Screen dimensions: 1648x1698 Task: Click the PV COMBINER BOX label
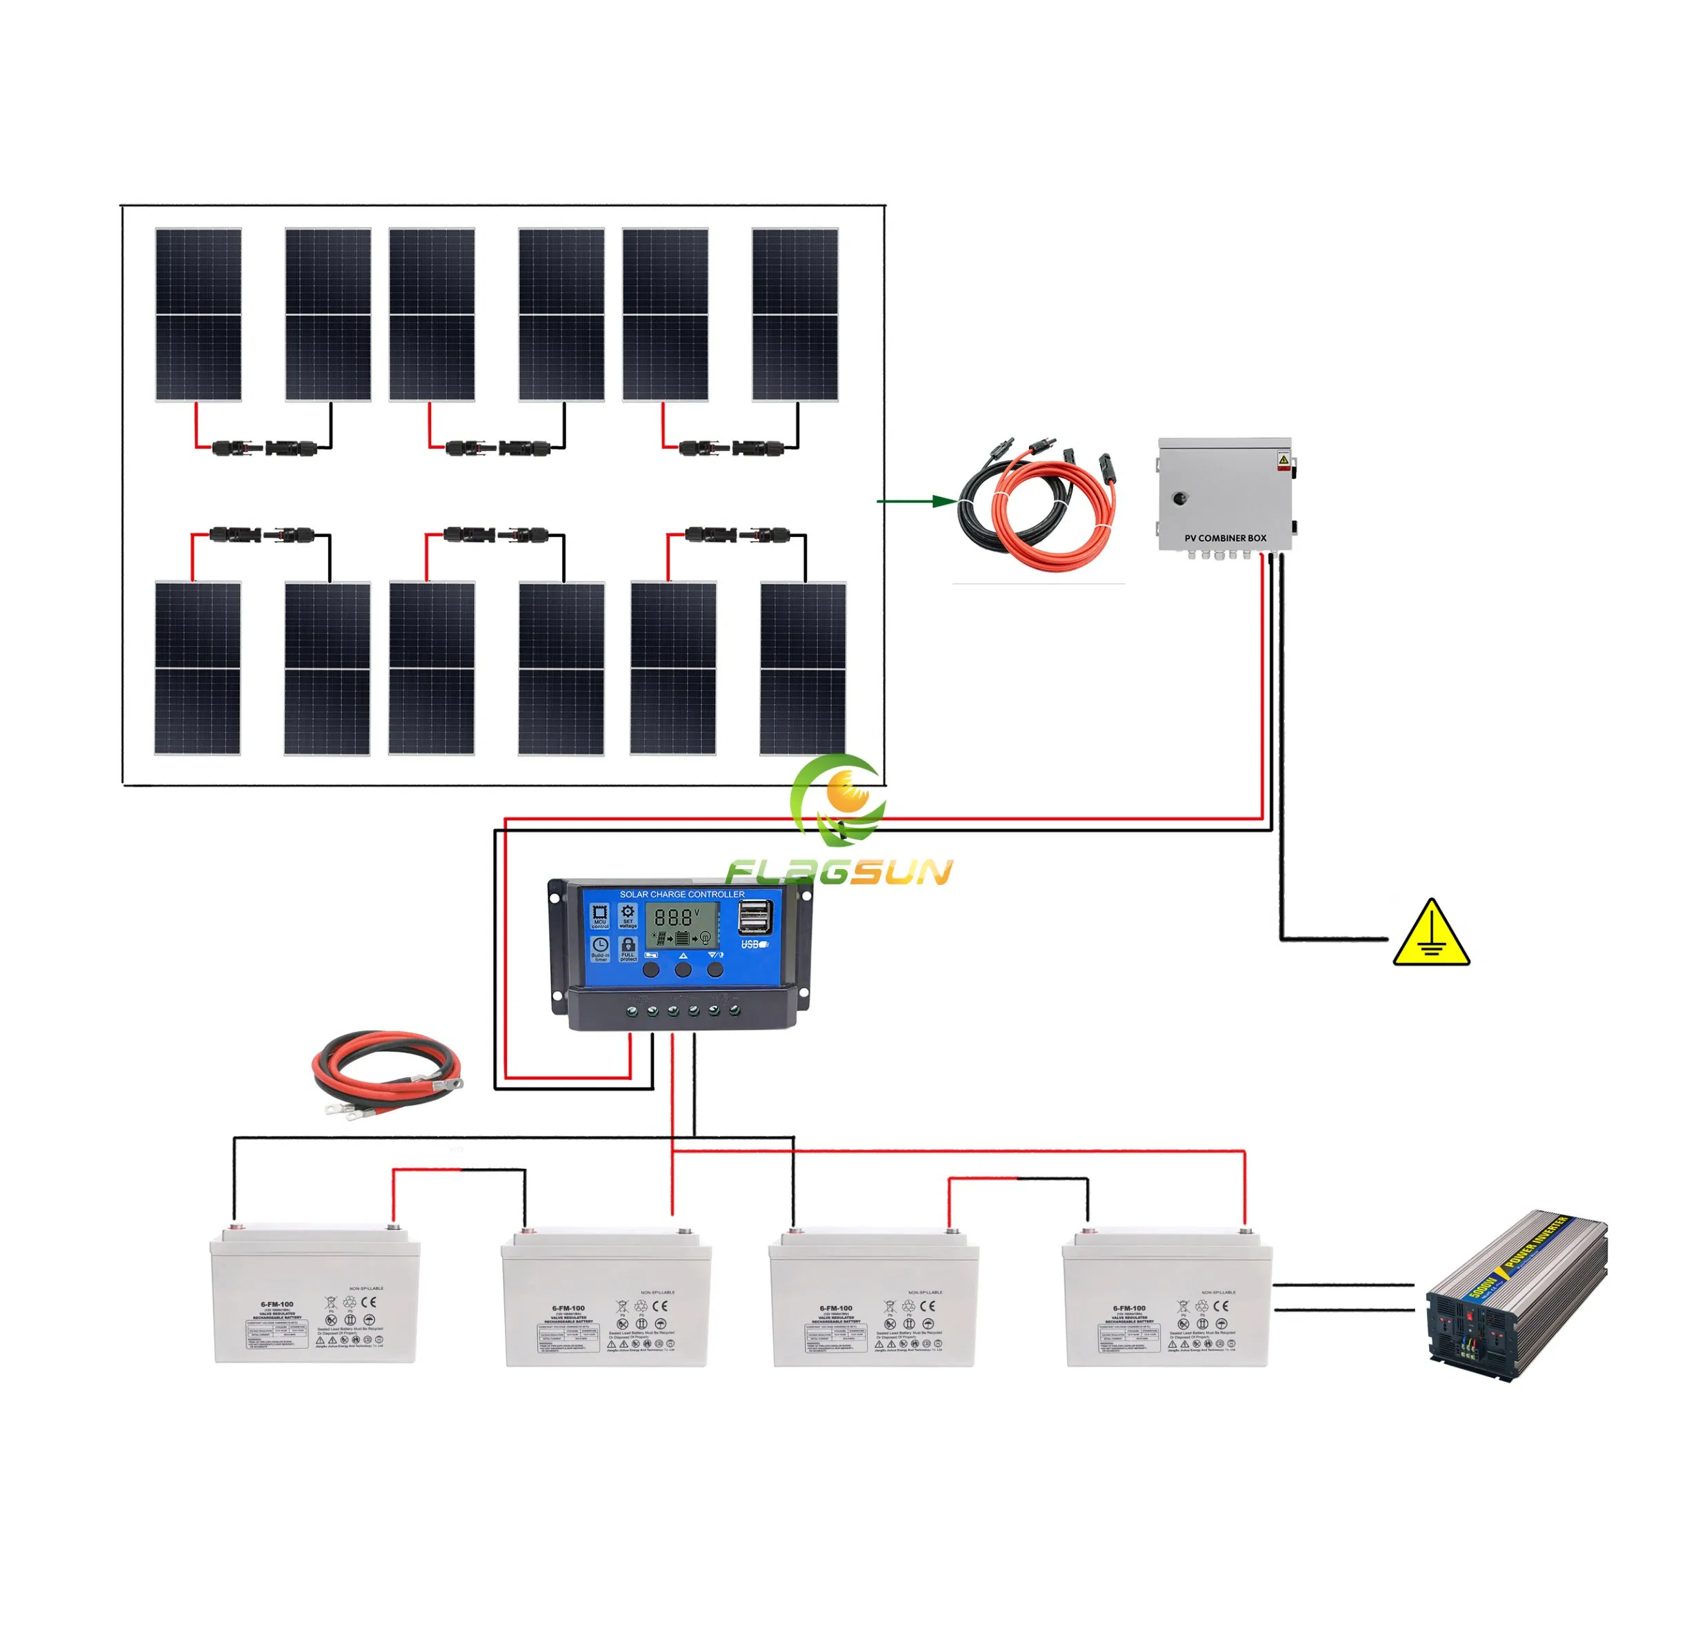[x=1225, y=538]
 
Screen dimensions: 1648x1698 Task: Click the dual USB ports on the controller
[x=755, y=916]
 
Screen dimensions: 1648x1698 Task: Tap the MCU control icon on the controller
[x=599, y=915]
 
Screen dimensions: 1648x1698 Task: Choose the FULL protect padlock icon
[x=628, y=945]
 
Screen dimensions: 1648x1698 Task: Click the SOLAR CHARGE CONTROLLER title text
[x=682, y=894]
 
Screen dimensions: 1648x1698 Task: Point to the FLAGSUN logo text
[x=839, y=871]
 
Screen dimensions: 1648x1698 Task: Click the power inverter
[x=1516, y=1297]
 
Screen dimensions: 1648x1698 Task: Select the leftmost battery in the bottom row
[x=315, y=1294]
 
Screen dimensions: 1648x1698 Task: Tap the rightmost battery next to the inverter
[x=1167, y=1297]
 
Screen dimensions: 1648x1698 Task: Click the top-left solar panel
[x=199, y=314]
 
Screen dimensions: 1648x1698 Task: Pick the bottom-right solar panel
[x=803, y=669]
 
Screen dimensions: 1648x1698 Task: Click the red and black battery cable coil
[x=386, y=1070]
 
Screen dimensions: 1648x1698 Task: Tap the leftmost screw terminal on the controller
[x=632, y=1010]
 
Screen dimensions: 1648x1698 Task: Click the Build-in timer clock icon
[x=599, y=945]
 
